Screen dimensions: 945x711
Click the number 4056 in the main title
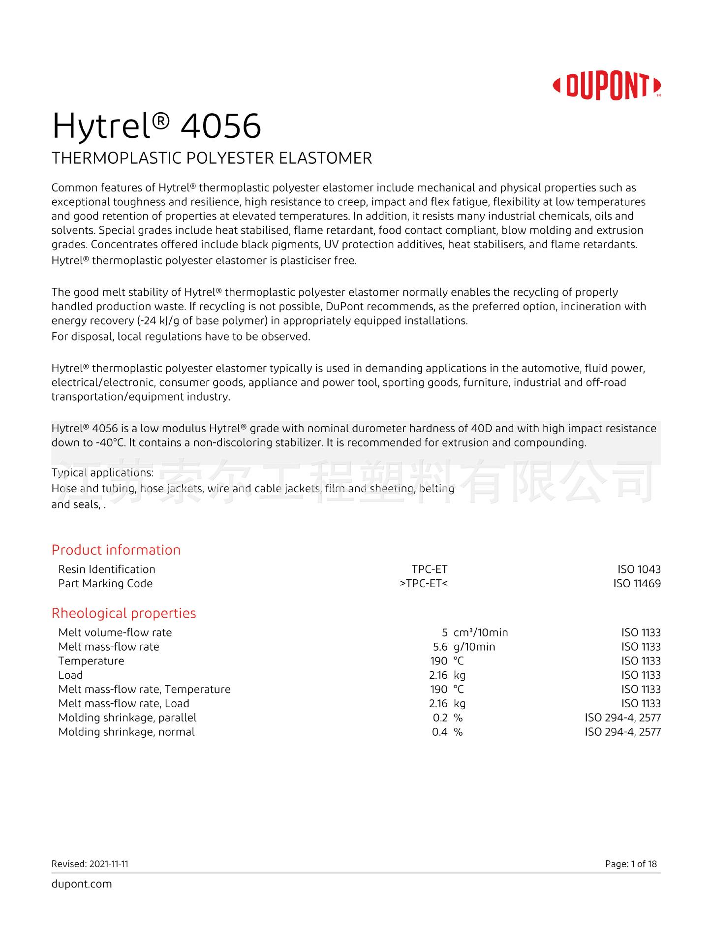click(221, 126)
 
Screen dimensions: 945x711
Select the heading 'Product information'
click(116, 550)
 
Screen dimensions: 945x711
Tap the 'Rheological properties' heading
click(124, 613)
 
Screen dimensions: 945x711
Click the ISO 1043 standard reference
click(639, 569)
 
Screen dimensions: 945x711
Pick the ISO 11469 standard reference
click(637, 584)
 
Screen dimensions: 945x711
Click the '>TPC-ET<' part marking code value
click(424, 584)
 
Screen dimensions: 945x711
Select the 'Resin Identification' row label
click(107, 569)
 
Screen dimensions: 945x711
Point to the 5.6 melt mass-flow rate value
click(440, 647)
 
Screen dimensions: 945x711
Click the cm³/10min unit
click(481, 632)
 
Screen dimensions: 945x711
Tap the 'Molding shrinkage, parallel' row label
click(127, 718)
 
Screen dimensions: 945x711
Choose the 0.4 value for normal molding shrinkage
click(439, 732)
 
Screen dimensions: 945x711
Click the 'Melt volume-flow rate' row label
click(115, 632)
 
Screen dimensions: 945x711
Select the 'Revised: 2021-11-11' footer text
click(90, 864)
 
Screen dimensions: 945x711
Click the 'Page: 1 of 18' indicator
click(631, 864)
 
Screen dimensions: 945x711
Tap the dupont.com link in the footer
click(82, 884)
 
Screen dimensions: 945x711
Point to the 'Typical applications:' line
click(102, 473)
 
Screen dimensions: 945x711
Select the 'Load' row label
click(70, 675)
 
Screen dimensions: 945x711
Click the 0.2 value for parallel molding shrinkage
click(440, 718)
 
